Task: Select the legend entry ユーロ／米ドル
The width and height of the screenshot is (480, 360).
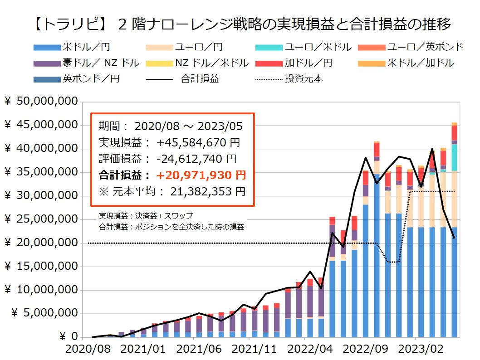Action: [318, 47]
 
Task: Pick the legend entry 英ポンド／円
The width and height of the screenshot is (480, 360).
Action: [91, 78]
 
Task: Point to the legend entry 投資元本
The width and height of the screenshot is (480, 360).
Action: [304, 78]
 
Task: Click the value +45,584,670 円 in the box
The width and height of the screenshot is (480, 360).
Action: [198, 142]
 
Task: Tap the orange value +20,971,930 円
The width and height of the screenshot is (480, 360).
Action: [201, 175]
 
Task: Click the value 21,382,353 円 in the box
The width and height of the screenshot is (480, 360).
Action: [208, 191]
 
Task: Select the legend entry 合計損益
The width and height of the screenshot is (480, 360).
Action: [200, 78]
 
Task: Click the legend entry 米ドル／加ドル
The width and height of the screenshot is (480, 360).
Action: [421, 63]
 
